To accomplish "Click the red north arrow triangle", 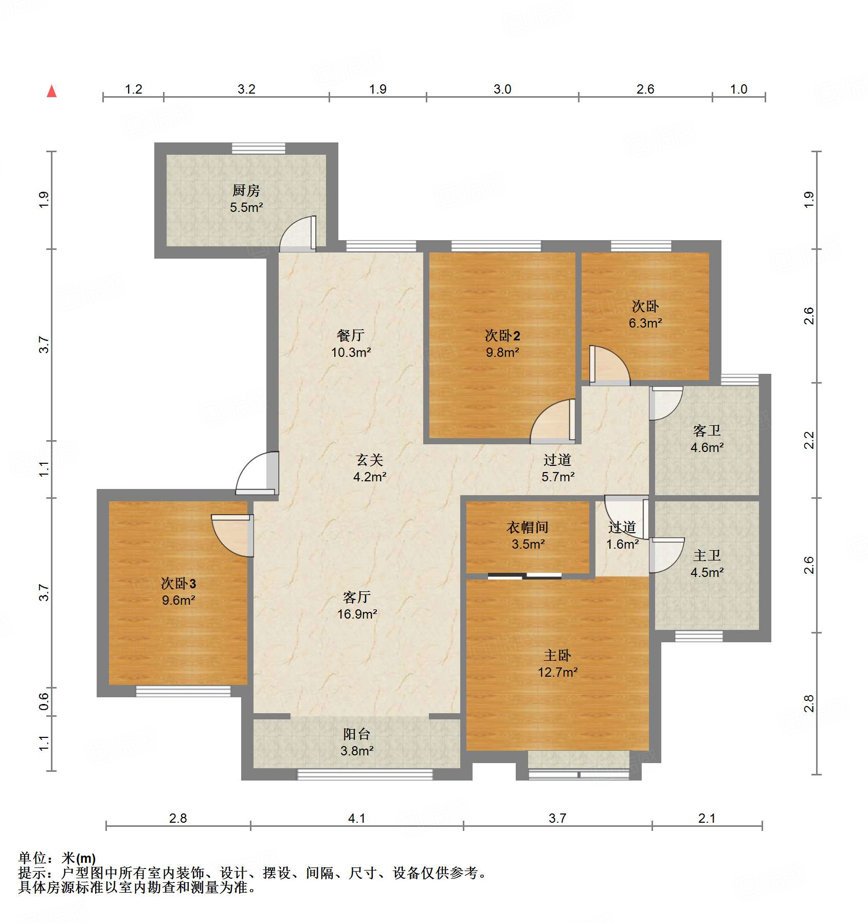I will click(x=52, y=92).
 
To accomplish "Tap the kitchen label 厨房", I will click(x=246, y=191).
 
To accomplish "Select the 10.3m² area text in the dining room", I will click(x=351, y=352).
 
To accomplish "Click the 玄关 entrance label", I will click(x=369, y=460).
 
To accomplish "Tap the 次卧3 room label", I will click(x=178, y=583).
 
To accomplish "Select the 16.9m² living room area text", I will click(x=357, y=614).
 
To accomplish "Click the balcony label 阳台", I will click(x=356, y=734).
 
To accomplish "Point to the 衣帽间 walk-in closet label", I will click(x=527, y=527).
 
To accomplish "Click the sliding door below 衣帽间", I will click(x=525, y=576).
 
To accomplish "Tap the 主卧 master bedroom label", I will click(x=557, y=656).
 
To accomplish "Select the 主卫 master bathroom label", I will click(x=707, y=555).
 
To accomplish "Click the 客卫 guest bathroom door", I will click(x=665, y=403).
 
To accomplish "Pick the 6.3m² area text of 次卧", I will click(x=645, y=323).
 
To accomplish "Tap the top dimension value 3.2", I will click(x=246, y=89).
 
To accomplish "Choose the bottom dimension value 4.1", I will click(x=356, y=818).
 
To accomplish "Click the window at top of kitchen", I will click(x=258, y=148).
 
